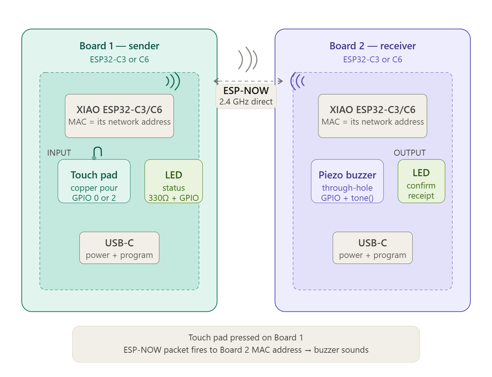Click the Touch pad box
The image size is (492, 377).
(x=94, y=181)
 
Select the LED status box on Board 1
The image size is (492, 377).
(x=174, y=181)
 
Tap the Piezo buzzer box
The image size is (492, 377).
(x=347, y=181)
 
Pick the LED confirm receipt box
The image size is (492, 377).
(x=421, y=181)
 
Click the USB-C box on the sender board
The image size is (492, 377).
(x=119, y=248)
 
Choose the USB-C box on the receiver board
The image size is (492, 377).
(x=373, y=248)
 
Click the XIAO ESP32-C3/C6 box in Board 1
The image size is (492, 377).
(x=119, y=116)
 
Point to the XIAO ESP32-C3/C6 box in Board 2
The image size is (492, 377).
(x=373, y=116)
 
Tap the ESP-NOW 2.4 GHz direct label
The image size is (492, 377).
(x=246, y=96)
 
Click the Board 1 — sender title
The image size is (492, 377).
(x=119, y=46)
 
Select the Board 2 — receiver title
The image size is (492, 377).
(x=373, y=46)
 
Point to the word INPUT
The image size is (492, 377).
(x=59, y=153)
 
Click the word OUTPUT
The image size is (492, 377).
(x=410, y=153)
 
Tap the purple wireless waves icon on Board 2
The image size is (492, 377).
(x=297, y=81)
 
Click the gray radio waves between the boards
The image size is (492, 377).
(x=248, y=59)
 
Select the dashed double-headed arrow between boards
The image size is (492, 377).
(x=248, y=81)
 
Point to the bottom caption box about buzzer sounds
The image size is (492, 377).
(x=246, y=344)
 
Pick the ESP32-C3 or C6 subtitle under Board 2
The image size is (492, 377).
(x=373, y=59)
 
